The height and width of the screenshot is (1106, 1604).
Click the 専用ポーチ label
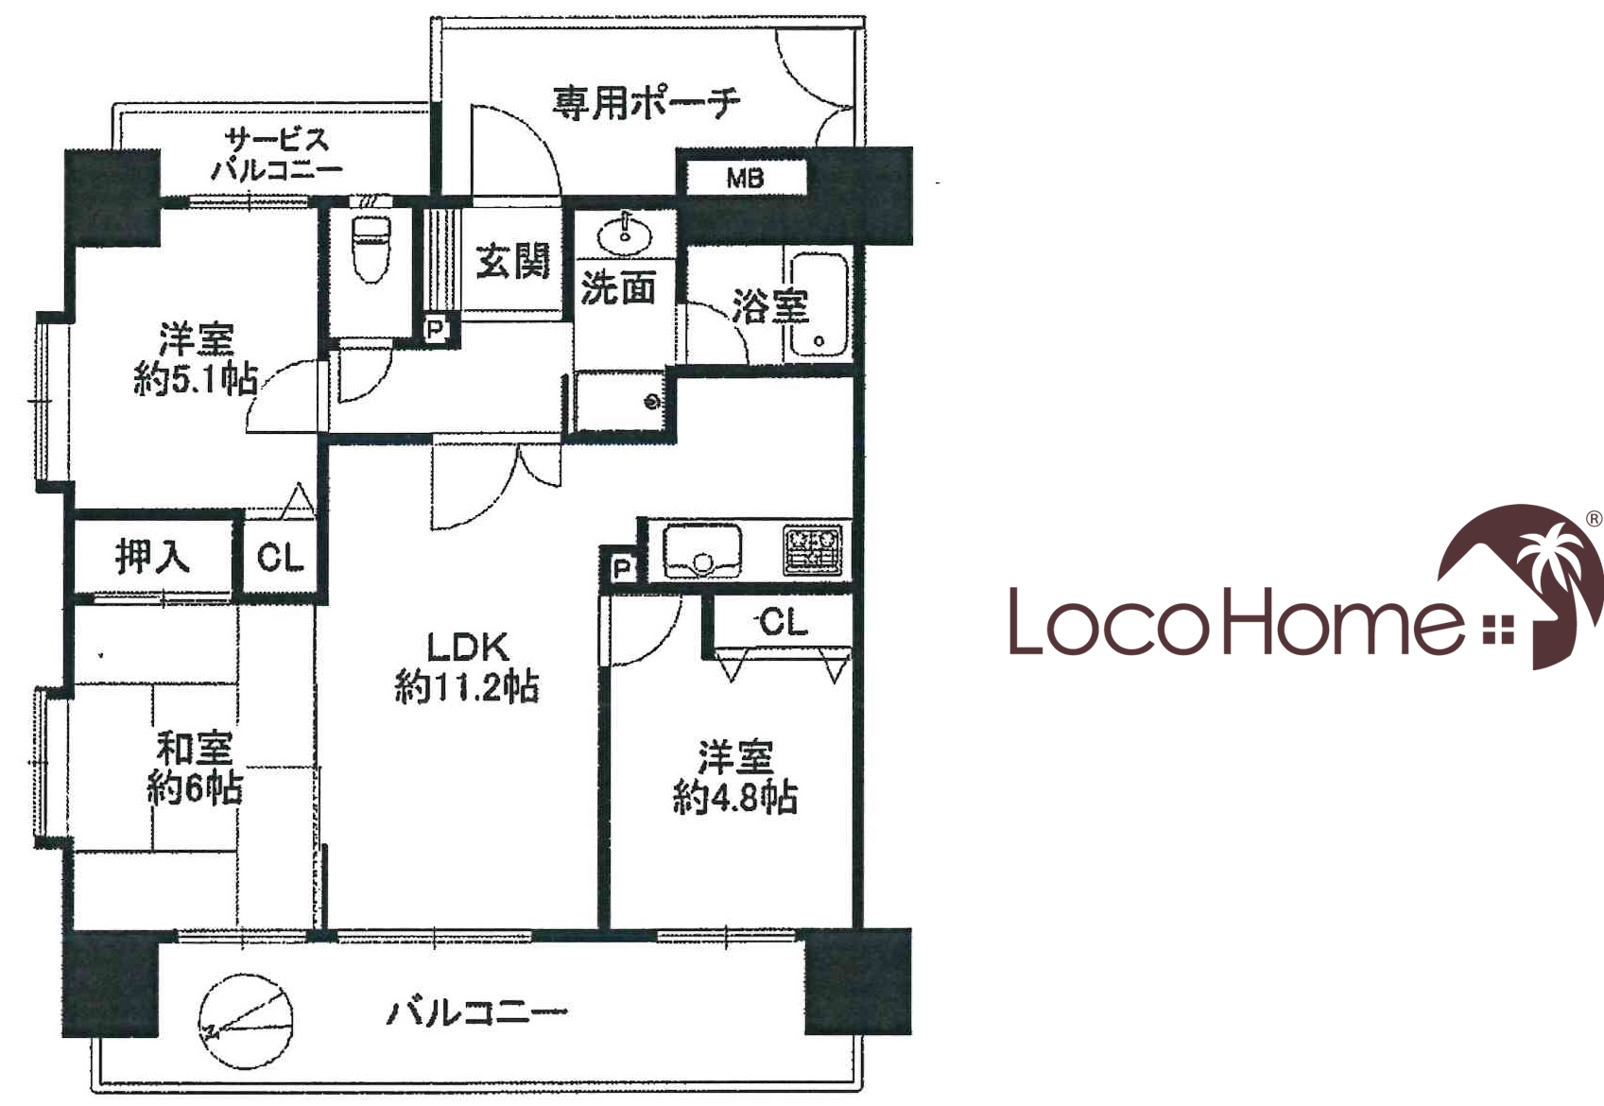click(x=646, y=104)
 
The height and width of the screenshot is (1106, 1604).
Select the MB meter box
click(x=746, y=178)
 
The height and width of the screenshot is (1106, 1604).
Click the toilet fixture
click(x=371, y=250)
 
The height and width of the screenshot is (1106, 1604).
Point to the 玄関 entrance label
click(x=513, y=261)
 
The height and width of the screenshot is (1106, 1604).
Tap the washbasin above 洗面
click(x=625, y=233)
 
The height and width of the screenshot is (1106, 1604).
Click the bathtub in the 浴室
click(x=819, y=306)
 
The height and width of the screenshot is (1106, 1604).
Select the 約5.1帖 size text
click(x=196, y=379)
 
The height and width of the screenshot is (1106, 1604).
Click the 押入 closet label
click(x=152, y=557)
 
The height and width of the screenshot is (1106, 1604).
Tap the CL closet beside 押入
click(x=280, y=558)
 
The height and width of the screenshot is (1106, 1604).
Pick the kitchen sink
click(x=702, y=551)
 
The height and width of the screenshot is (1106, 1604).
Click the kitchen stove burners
click(x=813, y=550)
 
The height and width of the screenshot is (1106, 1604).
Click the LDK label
click(x=468, y=647)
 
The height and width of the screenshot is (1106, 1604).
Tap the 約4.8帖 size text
click(x=735, y=797)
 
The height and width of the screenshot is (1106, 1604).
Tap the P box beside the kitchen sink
click(x=623, y=569)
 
